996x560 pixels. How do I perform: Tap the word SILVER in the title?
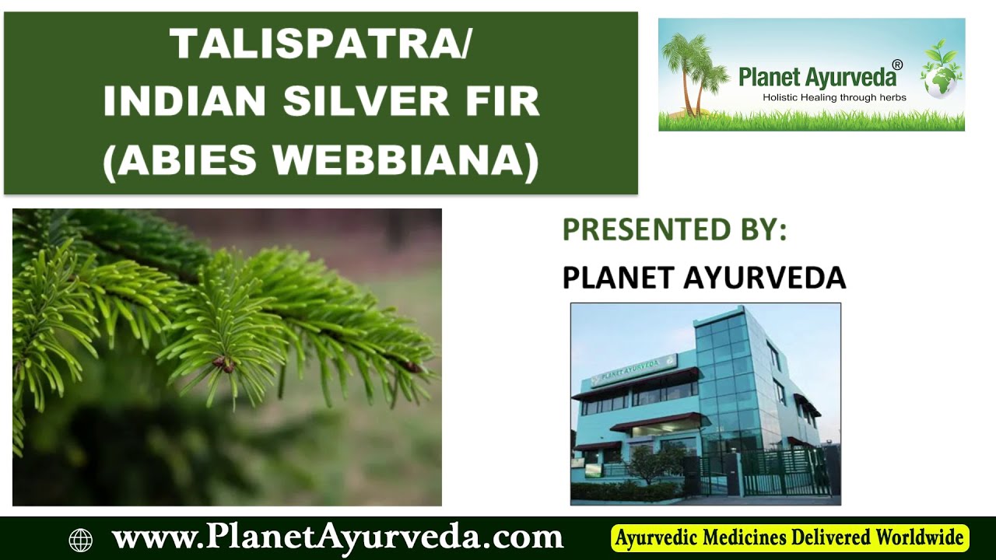pyautogui.click(x=359, y=102)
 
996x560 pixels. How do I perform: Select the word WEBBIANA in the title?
pyautogui.click(x=404, y=159)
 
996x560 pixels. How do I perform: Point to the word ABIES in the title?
pyautogui.click(x=184, y=159)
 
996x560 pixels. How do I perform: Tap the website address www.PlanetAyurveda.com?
pyautogui.click(x=337, y=537)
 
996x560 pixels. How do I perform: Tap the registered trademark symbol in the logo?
pyautogui.click(x=897, y=65)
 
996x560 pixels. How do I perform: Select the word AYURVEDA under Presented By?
pyautogui.click(x=765, y=278)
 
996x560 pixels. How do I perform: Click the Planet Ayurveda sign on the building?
pyautogui.click(x=634, y=369)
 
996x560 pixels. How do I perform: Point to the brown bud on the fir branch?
pyautogui.click(x=224, y=364)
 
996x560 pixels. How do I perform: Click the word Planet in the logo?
pyautogui.click(x=769, y=76)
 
